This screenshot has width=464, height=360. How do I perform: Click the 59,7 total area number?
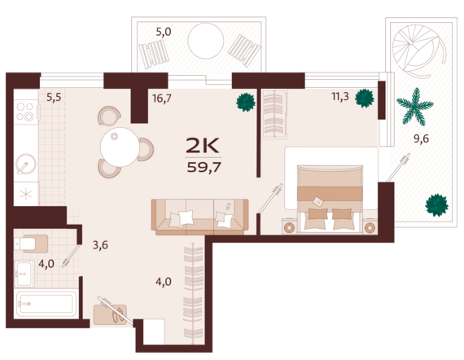click(204, 168)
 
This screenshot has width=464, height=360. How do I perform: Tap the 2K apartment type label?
click(203, 145)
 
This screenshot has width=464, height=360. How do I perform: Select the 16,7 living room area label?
click(162, 98)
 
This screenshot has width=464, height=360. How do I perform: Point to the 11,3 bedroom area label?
click(340, 96)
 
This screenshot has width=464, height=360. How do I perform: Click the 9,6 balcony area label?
click(421, 138)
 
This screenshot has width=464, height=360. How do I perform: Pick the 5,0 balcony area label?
click(164, 32)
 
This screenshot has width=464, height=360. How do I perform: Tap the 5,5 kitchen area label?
click(54, 97)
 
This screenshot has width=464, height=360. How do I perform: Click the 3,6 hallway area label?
click(100, 245)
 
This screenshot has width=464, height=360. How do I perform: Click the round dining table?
click(120, 147)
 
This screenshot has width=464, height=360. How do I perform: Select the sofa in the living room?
click(199, 217)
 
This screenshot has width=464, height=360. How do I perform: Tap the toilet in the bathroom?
click(31, 244)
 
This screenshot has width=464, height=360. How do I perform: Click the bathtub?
click(46, 304)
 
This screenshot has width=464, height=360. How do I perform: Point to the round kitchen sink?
click(26, 164)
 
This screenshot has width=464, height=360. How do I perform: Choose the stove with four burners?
click(26, 112)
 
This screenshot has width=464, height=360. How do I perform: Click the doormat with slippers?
click(110, 314)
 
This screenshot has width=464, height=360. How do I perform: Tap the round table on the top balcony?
click(206, 41)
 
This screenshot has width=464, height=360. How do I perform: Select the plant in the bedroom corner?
click(365, 99)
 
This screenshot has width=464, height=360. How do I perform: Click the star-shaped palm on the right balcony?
click(415, 107)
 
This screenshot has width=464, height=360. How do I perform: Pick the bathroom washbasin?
click(24, 274)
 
